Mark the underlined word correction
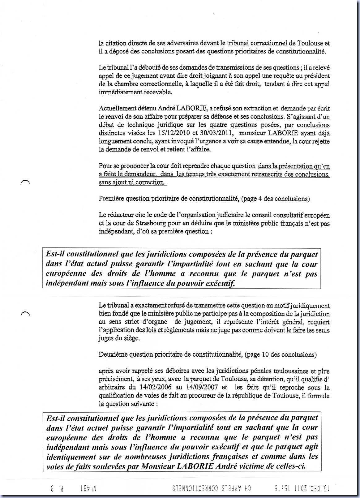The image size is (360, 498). click(x=149, y=182)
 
